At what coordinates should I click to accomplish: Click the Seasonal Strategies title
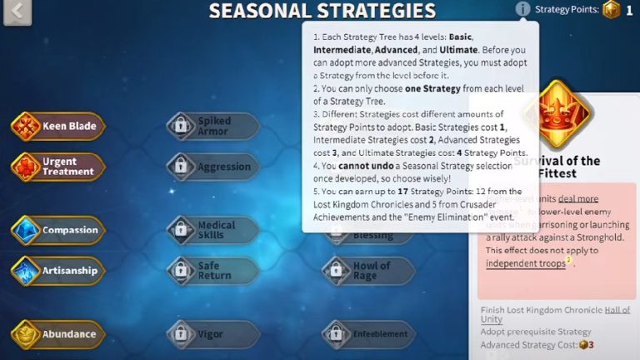322,11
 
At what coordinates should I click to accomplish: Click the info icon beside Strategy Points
522,9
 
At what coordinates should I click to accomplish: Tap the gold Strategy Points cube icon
612,10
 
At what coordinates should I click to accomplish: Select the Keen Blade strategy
58,127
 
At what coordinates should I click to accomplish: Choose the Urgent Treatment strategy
58,167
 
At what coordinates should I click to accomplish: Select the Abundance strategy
58,334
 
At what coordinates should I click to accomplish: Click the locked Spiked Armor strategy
213,127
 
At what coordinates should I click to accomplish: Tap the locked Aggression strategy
213,167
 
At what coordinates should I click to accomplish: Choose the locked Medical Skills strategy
213,230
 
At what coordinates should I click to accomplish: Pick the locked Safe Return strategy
213,271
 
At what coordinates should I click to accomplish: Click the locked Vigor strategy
213,334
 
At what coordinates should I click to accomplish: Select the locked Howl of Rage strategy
368,271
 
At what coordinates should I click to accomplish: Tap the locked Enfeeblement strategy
368,334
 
